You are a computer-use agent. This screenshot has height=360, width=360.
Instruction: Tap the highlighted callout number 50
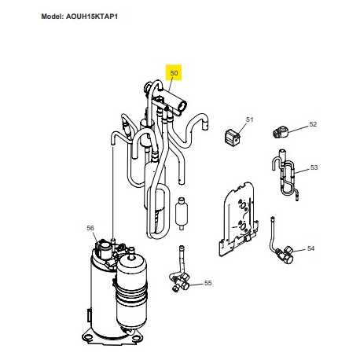pyautogui.click(x=174, y=73)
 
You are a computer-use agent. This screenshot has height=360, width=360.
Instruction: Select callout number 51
pyautogui.click(x=250, y=119)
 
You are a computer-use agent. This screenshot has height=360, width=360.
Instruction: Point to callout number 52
pyautogui.click(x=312, y=124)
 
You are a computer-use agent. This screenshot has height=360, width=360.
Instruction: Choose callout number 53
pyautogui.click(x=314, y=167)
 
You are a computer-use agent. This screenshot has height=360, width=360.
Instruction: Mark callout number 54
pyautogui.click(x=310, y=248)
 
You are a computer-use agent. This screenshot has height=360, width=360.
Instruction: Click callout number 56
pyautogui.click(x=90, y=228)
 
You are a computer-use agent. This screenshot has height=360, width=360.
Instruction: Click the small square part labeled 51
pyautogui.click(x=231, y=137)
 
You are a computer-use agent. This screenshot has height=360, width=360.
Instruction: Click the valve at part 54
pyautogui.click(x=286, y=253)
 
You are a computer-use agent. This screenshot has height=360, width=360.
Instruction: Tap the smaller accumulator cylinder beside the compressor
pyautogui.click(x=134, y=291)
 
